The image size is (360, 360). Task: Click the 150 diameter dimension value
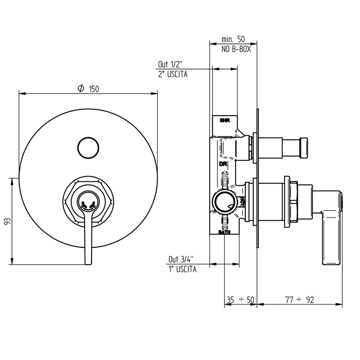pos(94,89)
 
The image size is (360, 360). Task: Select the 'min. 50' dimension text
pos(233,39)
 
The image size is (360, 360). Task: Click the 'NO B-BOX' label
pos(236,49)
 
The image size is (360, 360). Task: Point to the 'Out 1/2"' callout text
pos(170,64)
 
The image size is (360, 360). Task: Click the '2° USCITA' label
pos(172,74)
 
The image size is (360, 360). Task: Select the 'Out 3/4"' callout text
pos(181,259)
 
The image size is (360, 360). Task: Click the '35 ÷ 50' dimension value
pos(240,299)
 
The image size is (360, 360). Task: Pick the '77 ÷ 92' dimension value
pos(300,299)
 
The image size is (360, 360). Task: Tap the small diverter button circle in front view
pos(88,147)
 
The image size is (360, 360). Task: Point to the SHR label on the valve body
pos(224,121)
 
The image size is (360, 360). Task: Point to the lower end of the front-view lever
pos(88,261)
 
